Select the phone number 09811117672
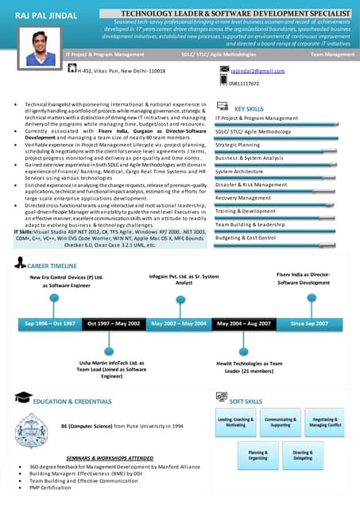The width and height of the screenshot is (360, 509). tap(244, 84)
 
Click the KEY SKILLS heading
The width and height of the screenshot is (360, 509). tap(249, 108)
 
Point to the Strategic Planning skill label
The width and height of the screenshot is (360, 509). tap(238, 145)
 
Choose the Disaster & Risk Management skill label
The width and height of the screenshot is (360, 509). tap(251, 185)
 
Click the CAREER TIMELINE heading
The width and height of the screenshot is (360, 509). tap(52, 265)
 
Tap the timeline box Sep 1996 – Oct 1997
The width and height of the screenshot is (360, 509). tap(50, 324)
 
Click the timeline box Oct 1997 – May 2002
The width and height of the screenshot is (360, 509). tap(114, 324)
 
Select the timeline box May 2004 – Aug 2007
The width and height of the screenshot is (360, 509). tap(244, 324)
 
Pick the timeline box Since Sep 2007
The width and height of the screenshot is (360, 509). tap(309, 324)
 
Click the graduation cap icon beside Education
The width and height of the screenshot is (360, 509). tap(23, 398)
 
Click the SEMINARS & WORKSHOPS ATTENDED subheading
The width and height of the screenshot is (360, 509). tap(110, 458)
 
